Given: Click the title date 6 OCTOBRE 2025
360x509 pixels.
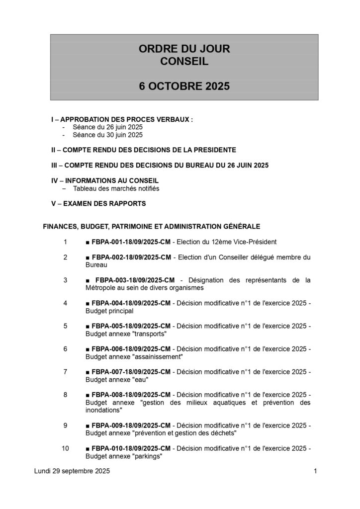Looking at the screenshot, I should pyautogui.click(x=184, y=85).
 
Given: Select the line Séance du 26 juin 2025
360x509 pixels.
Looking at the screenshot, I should pyautogui.click(x=107, y=127).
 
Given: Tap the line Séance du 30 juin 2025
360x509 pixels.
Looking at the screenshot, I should pyautogui.click(x=107, y=135).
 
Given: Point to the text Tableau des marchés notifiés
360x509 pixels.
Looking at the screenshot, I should pyautogui.click(x=116, y=189).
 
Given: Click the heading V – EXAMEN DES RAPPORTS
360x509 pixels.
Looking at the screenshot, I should pyautogui.click(x=98, y=204).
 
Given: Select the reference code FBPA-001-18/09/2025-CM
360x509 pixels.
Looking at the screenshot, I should pyautogui.click(x=131, y=242).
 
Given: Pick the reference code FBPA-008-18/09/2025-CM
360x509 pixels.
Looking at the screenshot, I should pyautogui.click(x=131, y=394).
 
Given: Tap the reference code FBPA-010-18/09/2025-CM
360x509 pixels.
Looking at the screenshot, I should pyautogui.click(x=131, y=448).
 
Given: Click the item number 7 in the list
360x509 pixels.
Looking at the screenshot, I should pyautogui.click(x=65, y=371).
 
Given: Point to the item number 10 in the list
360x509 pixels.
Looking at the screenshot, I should pyautogui.click(x=65, y=448).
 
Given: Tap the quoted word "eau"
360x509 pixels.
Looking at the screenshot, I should pyautogui.click(x=140, y=379).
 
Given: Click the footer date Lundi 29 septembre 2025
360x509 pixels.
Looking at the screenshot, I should pyautogui.click(x=73, y=471).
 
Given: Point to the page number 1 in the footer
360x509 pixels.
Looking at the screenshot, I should pyautogui.click(x=315, y=471).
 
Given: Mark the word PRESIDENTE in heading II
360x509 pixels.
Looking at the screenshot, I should pyautogui.click(x=215, y=149).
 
